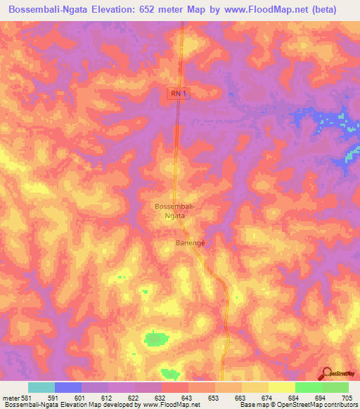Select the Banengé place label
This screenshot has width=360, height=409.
click(x=189, y=242)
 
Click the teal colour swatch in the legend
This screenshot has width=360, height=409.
click(x=41, y=387)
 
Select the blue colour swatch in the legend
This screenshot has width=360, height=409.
click(x=68, y=387)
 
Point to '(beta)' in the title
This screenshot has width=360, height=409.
click(x=319, y=10)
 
